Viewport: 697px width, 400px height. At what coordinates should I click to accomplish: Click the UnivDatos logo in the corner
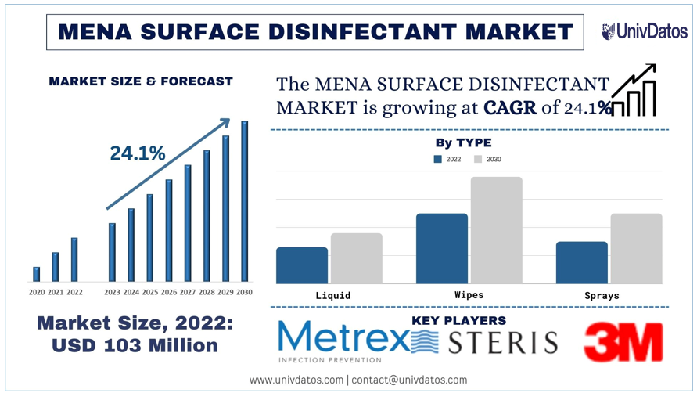click(644, 31)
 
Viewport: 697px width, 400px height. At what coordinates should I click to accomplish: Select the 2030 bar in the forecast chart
click(244, 201)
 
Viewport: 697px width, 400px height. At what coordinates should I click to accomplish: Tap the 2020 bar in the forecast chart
click(36, 274)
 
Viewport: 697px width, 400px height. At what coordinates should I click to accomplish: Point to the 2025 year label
click(149, 293)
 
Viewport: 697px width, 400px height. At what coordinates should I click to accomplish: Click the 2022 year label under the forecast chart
click(74, 293)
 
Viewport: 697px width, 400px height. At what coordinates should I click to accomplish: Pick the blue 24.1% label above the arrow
click(137, 153)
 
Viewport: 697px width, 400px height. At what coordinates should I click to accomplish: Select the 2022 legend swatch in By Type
click(438, 159)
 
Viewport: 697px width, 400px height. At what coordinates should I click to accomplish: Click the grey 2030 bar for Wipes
click(496, 230)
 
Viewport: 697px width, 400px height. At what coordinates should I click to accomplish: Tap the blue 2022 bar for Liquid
click(302, 265)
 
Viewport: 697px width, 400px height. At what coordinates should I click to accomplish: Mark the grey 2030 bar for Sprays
click(636, 248)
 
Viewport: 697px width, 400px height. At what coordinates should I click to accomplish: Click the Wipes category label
click(469, 295)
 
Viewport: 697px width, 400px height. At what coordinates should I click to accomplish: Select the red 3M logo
click(623, 342)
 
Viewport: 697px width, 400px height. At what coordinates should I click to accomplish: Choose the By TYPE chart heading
click(463, 142)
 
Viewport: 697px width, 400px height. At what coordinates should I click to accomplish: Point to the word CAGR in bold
click(510, 108)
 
